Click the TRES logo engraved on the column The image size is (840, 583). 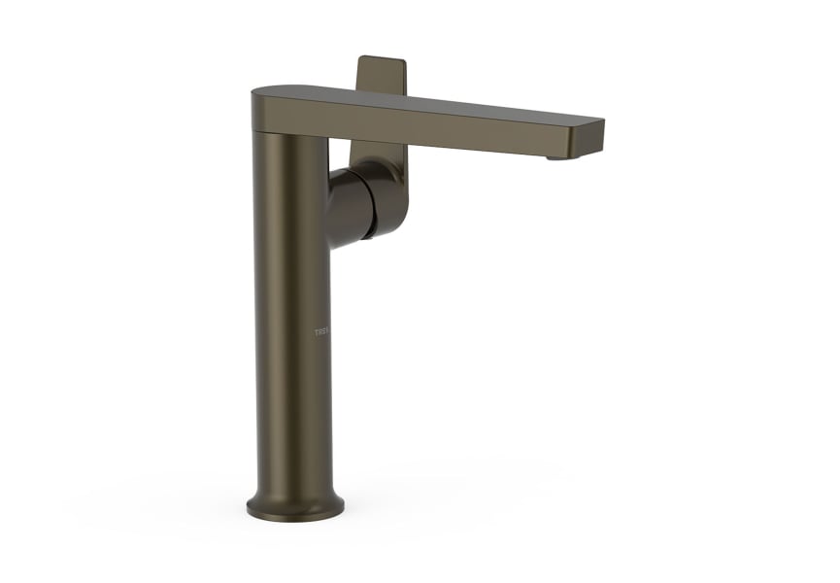tap(321, 333)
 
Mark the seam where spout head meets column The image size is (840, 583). tap(291, 132)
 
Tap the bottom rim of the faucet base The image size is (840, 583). tap(296, 516)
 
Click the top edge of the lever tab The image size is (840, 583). tap(383, 58)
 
